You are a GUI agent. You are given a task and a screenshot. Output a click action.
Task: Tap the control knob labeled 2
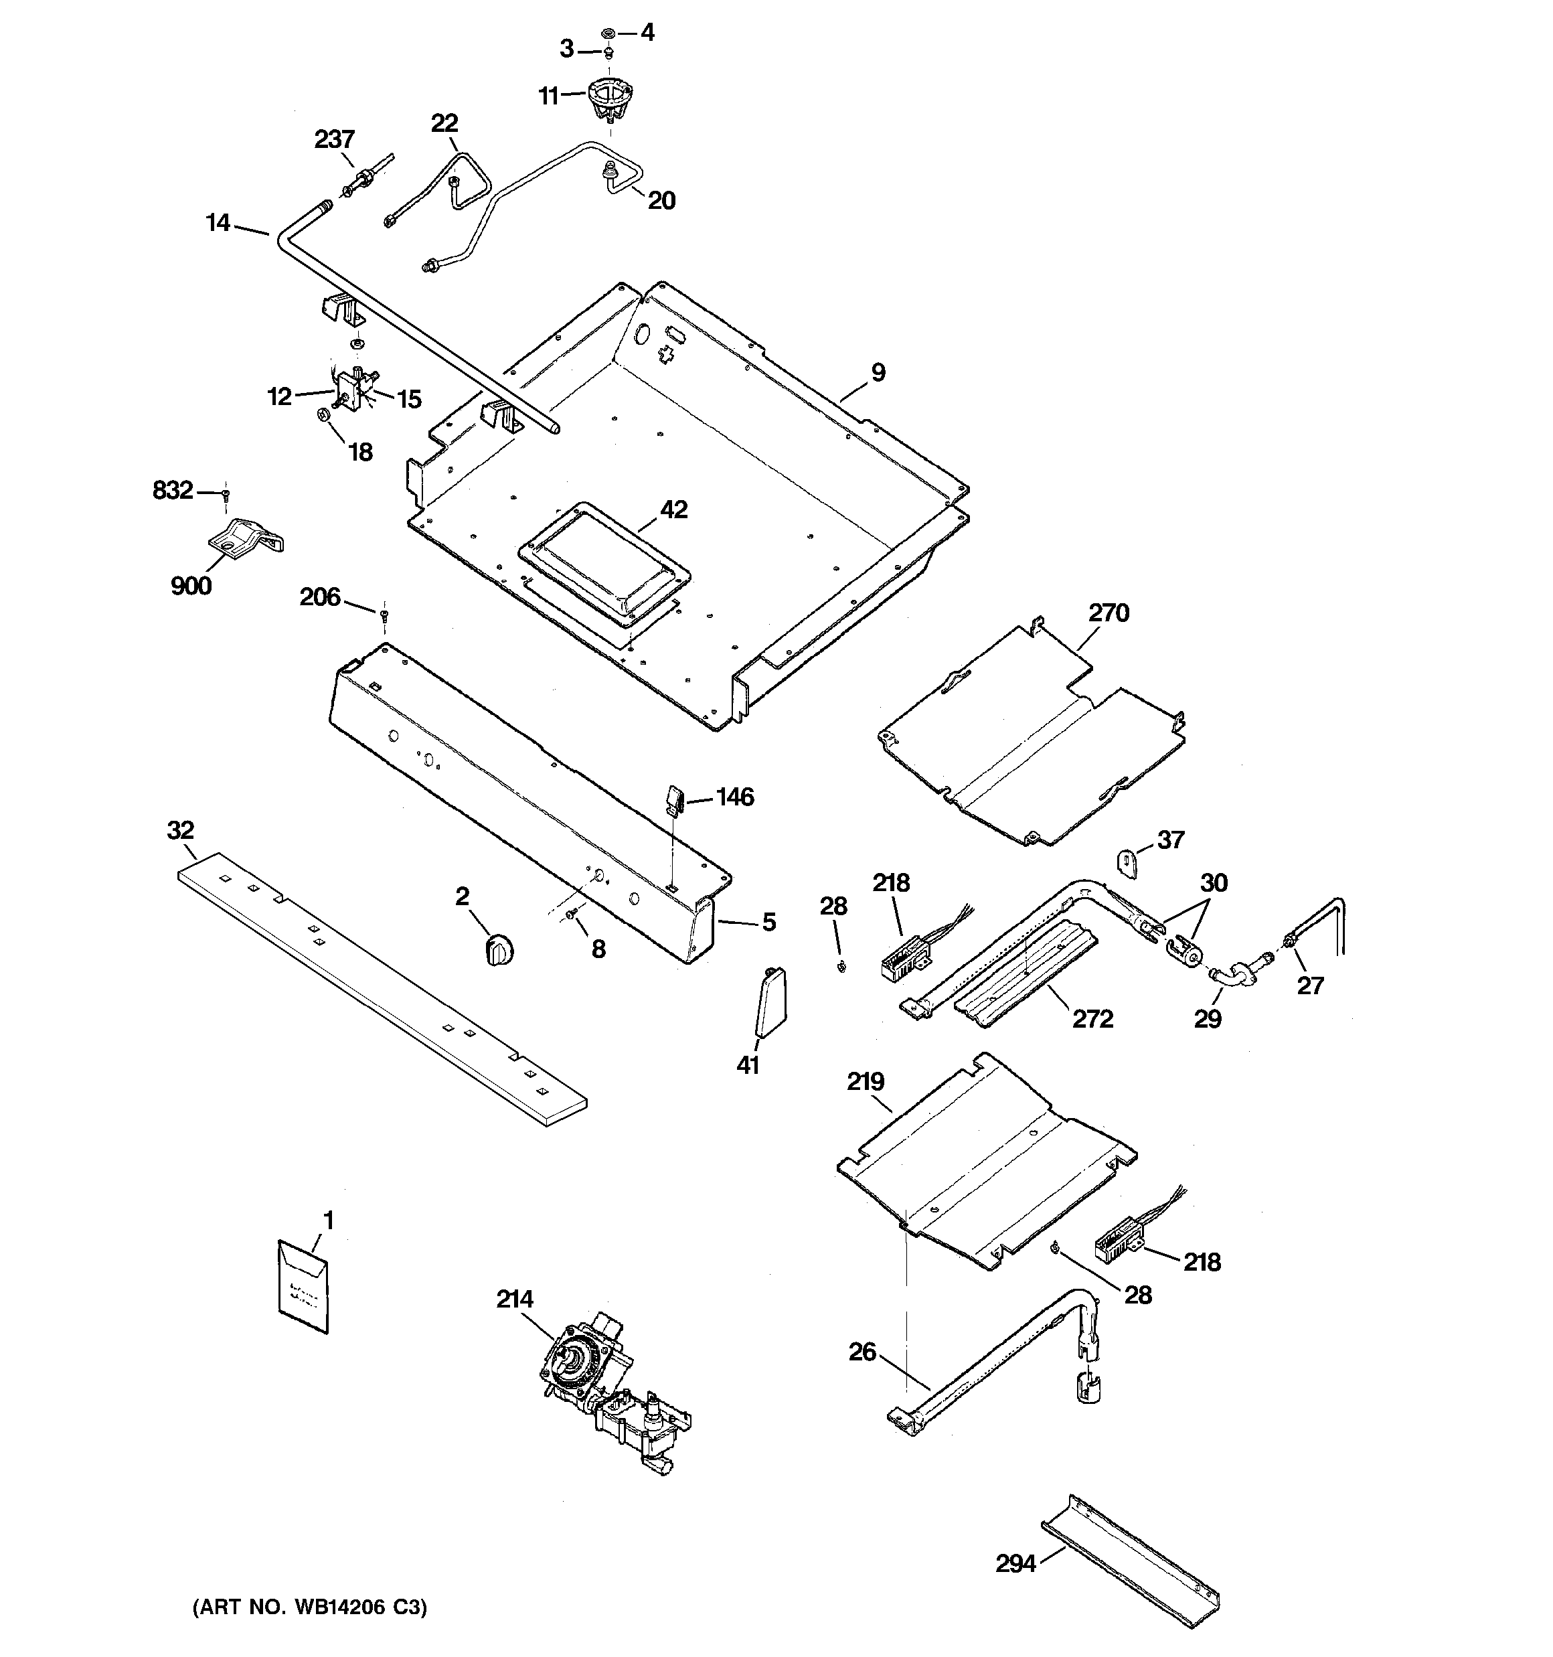(499, 949)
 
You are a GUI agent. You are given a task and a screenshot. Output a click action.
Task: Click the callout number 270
(1108, 613)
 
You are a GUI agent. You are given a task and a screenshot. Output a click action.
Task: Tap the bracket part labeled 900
(244, 538)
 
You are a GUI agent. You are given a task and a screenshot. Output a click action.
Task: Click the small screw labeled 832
(225, 496)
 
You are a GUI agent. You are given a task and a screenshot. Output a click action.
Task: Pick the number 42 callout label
(673, 509)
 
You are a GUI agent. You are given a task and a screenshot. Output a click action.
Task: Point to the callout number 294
(1015, 1564)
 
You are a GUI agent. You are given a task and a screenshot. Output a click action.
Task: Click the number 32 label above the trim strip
(180, 830)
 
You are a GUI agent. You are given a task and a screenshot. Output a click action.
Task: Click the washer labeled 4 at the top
(608, 33)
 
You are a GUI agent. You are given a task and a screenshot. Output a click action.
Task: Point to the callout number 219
(866, 1081)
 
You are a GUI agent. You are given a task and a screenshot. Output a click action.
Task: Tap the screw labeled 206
(384, 615)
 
